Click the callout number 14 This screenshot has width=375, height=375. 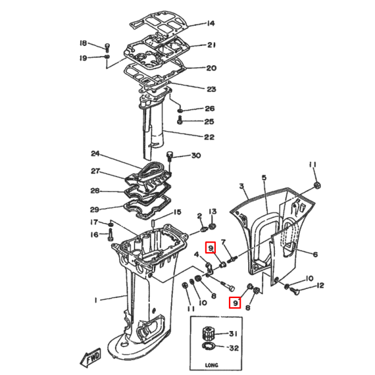(x=211, y=24)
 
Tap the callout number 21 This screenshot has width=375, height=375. (x=211, y=45)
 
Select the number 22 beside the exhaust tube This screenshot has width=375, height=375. (x=209, y=136)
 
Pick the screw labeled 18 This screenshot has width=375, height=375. (x=107, y=46)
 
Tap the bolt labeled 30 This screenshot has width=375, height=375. (x=171, y=155)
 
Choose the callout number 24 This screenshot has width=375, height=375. (x=96, y=154)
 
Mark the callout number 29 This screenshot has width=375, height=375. (x=96, y=209)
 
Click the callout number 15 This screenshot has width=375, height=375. (x=177, y=212)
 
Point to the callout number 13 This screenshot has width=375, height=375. (x=213, y=212)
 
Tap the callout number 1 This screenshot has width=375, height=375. (x=95, y=300)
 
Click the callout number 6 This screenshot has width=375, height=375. (x=315, y=255)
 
